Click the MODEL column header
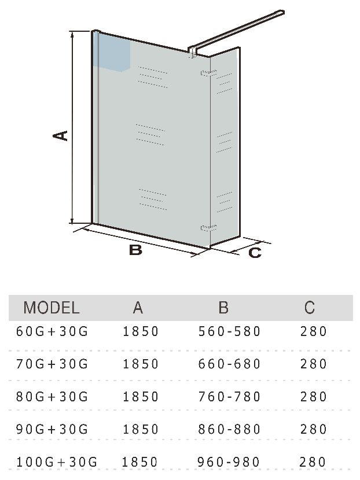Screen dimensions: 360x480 (52, 307)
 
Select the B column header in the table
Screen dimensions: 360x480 (223, 307)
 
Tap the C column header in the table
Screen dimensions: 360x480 (310, 307)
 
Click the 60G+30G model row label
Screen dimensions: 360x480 (52, 331)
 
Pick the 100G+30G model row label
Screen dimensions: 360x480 (57, 462)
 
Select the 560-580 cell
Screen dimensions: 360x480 (229, 331)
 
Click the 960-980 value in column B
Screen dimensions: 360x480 (229, 462)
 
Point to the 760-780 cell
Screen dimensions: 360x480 (229, 397)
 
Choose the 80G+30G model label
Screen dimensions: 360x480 (52, 397)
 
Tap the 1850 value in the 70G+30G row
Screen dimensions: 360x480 (141, 364)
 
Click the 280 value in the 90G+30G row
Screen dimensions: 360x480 (314, 429)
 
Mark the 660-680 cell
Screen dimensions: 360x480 (229, 364)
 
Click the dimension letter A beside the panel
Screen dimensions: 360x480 (60, 135)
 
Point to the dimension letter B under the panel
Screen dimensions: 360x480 (135, 250)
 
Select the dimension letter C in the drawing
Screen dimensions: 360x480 (255, 253)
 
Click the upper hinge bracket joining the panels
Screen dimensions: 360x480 (208, 73)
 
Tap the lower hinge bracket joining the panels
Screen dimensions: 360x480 (208, 227)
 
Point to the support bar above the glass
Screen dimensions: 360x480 (236, 32)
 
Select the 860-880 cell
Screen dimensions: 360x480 (229, 429)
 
